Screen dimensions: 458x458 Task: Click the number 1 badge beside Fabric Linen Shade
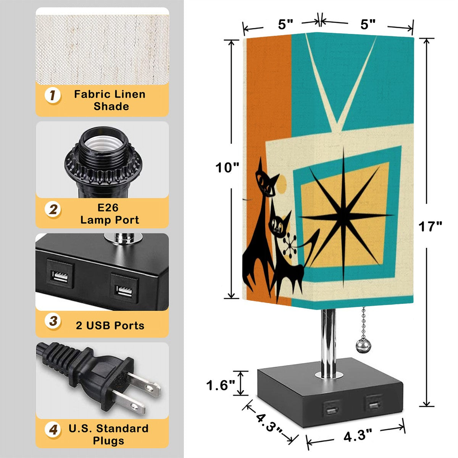coord(53,95)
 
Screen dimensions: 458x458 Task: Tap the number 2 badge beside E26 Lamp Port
coord(53,210)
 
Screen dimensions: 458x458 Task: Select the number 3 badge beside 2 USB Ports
coord(53,321)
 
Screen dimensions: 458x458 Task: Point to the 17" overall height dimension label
coord(430,226)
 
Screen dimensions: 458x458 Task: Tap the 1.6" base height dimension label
coord(221,385)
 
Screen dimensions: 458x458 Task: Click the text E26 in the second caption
coord(108,208)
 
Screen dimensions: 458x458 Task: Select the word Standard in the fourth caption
coord(123,428)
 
